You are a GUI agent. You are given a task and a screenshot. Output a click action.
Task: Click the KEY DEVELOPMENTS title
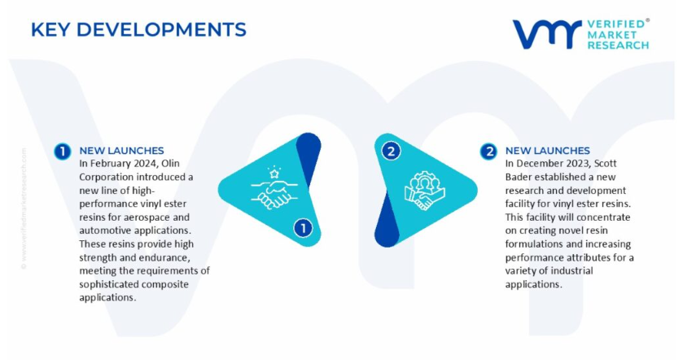[x=138, y=29]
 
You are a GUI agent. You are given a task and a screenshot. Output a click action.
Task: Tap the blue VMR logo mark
[x=547, y=33]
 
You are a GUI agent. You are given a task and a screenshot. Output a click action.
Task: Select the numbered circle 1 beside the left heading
[x=63, y=151]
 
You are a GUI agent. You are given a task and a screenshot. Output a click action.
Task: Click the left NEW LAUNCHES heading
[x=121, y=151]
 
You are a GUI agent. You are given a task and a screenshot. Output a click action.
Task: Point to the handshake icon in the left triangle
[x=274, y=188]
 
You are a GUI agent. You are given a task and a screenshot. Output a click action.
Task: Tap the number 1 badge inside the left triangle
[x=303, y=228]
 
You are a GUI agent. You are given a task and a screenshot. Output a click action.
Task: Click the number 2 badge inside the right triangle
[x=391, y=151]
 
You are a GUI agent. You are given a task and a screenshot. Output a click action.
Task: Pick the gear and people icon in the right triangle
[x=424, y=191]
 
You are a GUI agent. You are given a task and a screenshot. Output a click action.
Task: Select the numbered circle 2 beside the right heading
[x=489, y=151]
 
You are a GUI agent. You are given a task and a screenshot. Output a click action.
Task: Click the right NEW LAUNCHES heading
[x=548, y=151]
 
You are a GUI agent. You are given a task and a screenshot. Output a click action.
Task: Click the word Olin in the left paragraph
[x=170, y=164]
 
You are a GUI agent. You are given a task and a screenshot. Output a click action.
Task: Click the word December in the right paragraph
[x=538, y=164]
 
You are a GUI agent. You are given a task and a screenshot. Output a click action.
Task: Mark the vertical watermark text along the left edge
[x=24, y=209]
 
